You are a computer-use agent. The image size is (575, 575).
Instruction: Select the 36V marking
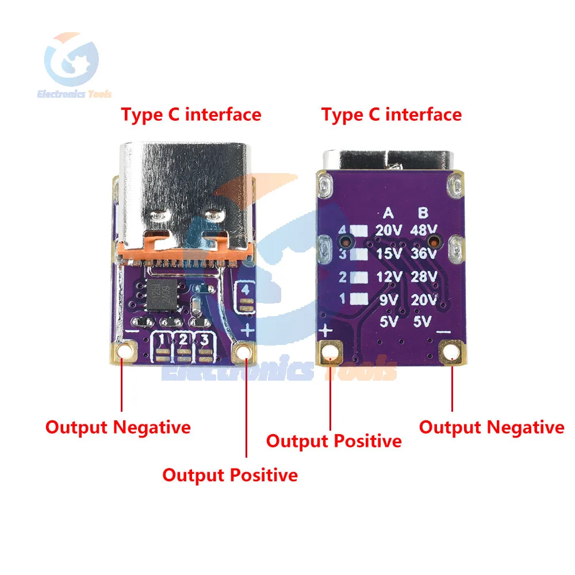coord(424,254)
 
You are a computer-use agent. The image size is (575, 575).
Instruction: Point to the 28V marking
coord(424,277)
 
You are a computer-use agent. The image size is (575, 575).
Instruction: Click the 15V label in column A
coord(389,254)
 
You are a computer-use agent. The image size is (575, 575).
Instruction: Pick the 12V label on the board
coord(389,277)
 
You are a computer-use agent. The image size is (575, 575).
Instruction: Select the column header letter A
coord(389,213)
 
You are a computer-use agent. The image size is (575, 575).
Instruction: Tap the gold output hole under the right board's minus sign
coord(452,350)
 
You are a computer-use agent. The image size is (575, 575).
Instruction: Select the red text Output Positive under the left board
coord(230,475)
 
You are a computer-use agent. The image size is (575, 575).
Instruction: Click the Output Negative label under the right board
coord(492,427)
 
